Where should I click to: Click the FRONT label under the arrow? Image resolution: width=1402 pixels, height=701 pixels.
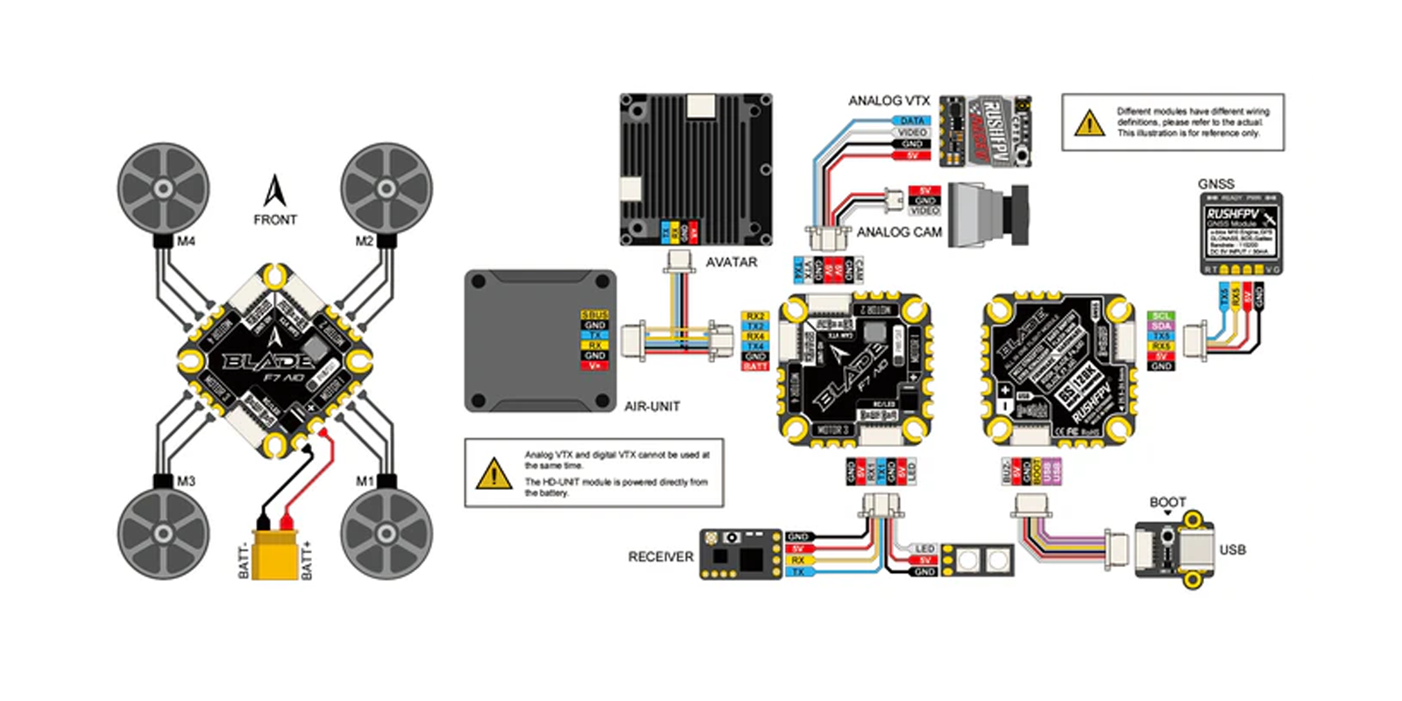[x=275, y=220]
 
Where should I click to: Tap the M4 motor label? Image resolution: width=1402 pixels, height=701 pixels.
[x=186, y=241]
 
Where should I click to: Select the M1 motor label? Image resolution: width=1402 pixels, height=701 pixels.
[x=365, y=481]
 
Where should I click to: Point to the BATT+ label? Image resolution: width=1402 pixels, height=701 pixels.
[x=307, y=560]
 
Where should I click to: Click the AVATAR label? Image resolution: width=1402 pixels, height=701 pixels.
[x=731, y=262]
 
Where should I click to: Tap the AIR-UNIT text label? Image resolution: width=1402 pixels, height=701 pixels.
[x=652, y=407]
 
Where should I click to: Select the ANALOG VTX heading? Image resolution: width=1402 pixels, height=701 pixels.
[x=889, y=101]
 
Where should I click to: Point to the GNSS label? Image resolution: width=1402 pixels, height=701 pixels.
[x=1216, y=184]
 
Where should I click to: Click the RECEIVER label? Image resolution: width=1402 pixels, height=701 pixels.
[x=661, y=556]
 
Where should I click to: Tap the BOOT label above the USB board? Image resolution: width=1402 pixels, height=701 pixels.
[x=1167, y=502]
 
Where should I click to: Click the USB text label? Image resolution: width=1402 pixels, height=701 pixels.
[x=1232, y=549]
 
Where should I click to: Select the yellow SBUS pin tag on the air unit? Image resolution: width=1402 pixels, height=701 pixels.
[x=595, y=315]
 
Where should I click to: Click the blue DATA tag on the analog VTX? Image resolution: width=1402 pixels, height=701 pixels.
[x=912, y=121]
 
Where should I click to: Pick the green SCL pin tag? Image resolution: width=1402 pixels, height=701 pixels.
[x=1161, y=315]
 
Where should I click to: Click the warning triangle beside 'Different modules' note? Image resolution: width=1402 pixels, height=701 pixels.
[x=1089, y=123]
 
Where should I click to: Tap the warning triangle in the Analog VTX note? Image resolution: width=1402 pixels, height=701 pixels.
[x=494, y=474]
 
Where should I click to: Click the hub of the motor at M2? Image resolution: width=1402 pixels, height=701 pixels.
[x=386, y=188]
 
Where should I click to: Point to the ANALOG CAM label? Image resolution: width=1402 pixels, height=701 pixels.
[x=899, y=232]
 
